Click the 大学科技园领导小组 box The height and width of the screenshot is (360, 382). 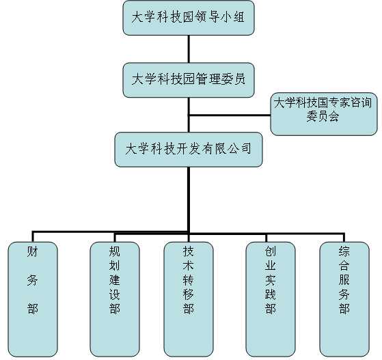pyautogui.click(x=189, y=18)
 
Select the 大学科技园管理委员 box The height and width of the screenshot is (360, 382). pyautogui.click(x=189, y=80)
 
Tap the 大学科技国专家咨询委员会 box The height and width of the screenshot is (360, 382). pyautogui.click(x=324, y=114)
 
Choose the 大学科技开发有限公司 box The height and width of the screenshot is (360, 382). pyautogui.click(x=189, y=150)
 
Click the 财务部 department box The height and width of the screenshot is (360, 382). pyautogui.click(x=33, y=299)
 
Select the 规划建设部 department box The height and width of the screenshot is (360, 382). pyautogui.click(x=115, y=299)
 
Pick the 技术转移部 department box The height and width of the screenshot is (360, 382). pyautogui.click(x=189, y=299)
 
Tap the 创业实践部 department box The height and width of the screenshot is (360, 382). pyautogui.click(x=271, y=299)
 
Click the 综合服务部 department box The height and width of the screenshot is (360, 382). pyautogui.click(x=344, y=299)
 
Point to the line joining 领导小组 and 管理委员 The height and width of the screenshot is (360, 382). pyautogui.click(x=189, y=49)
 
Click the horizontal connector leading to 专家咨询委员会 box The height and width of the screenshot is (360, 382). pyautogui.click(x=230, y=115)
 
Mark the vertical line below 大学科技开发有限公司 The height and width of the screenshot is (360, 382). pyautogui.click(x=189, y=199)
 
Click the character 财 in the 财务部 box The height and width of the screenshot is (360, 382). pyautogui.click(x=33, y=252)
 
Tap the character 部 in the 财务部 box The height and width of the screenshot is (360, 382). pyautogui.click(x=33, y=309)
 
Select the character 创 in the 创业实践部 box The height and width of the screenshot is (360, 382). pyautogui.click(x=271, y=251)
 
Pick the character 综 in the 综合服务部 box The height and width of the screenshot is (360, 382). pyautogui.click(x=344, y=251)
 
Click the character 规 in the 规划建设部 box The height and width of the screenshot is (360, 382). pyautogui.click(x=115, y=251)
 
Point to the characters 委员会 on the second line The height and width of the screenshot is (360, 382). pyautogui.click(x=323, y=116)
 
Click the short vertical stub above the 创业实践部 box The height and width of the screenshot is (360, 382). pyautogui.click(x=267, y=238)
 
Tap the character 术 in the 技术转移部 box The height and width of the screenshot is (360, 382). pyautogui.click(x=189, y=266)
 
